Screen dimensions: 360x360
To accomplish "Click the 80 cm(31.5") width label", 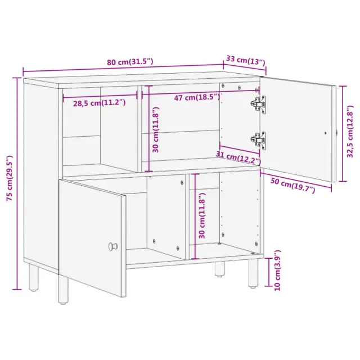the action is (130, 62).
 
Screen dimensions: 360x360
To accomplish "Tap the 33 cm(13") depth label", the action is (246, 60).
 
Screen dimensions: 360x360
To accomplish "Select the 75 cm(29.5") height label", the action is (10, 178).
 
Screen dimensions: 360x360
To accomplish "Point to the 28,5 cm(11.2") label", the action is (100, 103).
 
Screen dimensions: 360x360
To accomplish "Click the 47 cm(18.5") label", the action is (197, 97).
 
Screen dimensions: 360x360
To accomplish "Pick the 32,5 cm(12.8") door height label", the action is (350, 132).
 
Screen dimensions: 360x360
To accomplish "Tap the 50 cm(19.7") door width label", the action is (292, 186).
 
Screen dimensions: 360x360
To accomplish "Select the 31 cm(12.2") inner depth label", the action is (238, 158).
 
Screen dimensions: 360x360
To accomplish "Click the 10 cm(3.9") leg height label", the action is (277, 271).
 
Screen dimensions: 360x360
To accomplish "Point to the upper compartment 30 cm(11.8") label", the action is (156, 130).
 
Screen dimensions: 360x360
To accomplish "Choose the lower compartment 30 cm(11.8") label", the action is (202, 216).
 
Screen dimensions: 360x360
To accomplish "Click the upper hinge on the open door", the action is (259, 105).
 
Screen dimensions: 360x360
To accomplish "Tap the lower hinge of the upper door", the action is (259, 141).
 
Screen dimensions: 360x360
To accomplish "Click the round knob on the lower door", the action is (112, 246).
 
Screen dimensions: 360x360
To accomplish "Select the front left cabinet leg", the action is (63, 289).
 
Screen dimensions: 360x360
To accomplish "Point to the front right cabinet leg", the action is (253, 273).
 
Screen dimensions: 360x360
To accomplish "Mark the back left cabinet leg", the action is (34, 277).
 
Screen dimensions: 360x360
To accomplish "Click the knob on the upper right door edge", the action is (337, 133).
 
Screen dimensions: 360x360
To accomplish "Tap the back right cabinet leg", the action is (219, 269).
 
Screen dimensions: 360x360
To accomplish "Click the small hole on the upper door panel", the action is (325, 133).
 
